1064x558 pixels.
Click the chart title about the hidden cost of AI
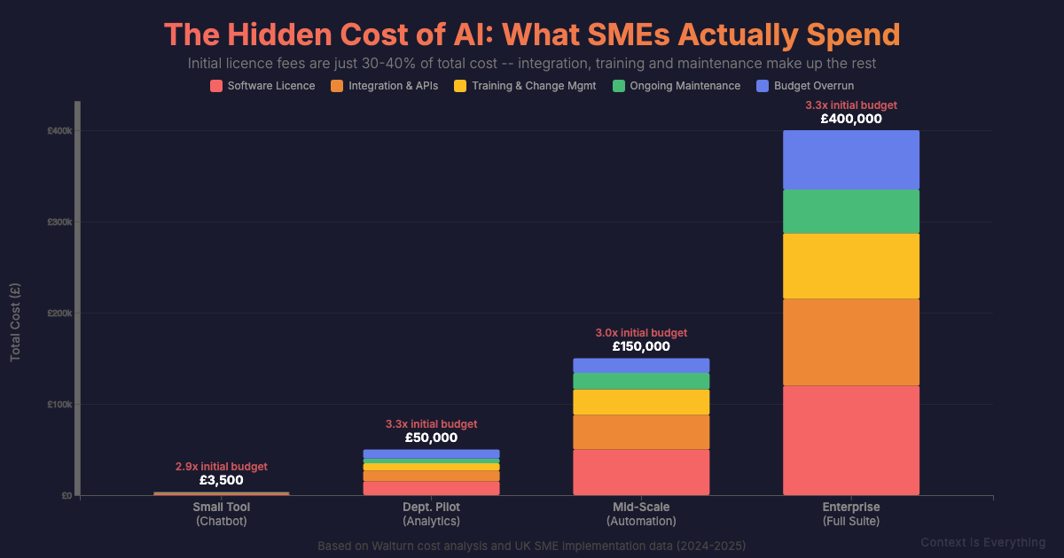(532, 35)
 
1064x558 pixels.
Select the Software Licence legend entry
(262, 86)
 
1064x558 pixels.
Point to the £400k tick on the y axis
(59, 131)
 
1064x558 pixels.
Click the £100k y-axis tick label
(59, 405)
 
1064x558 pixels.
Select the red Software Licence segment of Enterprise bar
(851, 440)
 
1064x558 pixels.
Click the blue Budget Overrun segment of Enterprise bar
(851, 159)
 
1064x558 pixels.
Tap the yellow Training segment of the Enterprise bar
(851, 266)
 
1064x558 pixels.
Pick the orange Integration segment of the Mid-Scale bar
(641, 432)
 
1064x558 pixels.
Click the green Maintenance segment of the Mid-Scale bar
(641, 381)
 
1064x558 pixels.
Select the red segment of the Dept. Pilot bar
(431, 488)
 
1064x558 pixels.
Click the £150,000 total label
(641, 346)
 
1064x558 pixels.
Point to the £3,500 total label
(221, 480)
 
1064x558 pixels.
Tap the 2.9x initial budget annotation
(221, 466)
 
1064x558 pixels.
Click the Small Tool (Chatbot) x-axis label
(221, 514)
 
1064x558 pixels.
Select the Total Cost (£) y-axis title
(15, 322)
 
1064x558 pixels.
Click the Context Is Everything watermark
(982, 542)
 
